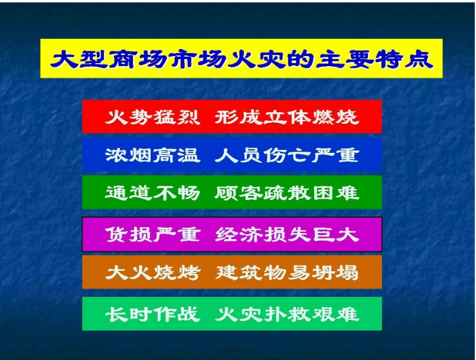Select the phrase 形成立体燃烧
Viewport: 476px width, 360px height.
pos(286,117)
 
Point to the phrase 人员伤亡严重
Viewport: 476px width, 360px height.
pos(286,155)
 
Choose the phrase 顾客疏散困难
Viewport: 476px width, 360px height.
pos(286,193)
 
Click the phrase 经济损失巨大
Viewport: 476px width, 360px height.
pos(286,234)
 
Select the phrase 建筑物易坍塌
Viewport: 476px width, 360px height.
pos(286,273)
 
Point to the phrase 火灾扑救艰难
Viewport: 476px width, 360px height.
pos(286,313)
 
